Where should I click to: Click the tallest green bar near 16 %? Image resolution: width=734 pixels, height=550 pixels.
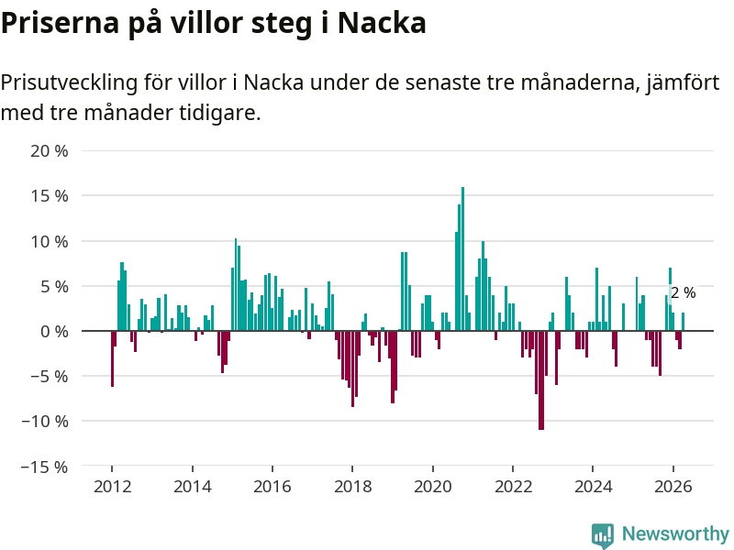pyautogui.click(x=462, y=258)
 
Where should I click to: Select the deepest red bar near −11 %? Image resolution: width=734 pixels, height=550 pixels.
pyautogui.click(x=541, y=380)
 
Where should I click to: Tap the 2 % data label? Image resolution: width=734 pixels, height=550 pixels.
pyautogui.click(x=683, y=292)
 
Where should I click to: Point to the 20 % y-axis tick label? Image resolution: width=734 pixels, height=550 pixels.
pyautogui.click(x=50, y=151)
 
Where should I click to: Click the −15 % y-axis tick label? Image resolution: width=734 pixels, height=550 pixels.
pyautogui.click(x=44, y=467)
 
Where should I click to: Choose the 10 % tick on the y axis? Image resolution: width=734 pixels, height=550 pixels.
pyautogui.click(x=50, y=241)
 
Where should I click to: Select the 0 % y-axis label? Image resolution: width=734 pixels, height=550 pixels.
pyautogui.click(x=54, y=332)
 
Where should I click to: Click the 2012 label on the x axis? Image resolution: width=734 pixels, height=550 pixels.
pyautogui.click(x=112, y=487)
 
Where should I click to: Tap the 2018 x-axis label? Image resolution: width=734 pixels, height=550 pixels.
pyautogui.click(x=352, y=487)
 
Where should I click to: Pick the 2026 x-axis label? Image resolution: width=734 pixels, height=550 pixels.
pyautogui.click(x=673, y=487)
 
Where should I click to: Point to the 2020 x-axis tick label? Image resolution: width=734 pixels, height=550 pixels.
pyautogui.click(x=432, y=487)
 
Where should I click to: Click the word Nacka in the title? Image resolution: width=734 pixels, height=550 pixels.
pyautogui.click(x=382, y=22)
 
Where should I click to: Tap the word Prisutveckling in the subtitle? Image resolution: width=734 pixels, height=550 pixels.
pyautogui.click(x=70, y=82)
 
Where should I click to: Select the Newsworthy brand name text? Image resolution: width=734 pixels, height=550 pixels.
pyautogui.click(x=675, y=533)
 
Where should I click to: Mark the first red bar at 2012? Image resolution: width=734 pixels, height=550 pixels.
pyautogui.click(x=112, y=358)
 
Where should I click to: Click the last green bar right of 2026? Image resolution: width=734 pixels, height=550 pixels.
pyautogui.click(x=683, y=322)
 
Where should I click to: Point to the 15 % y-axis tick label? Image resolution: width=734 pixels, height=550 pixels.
pyautogui.click(x=50, y=196)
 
